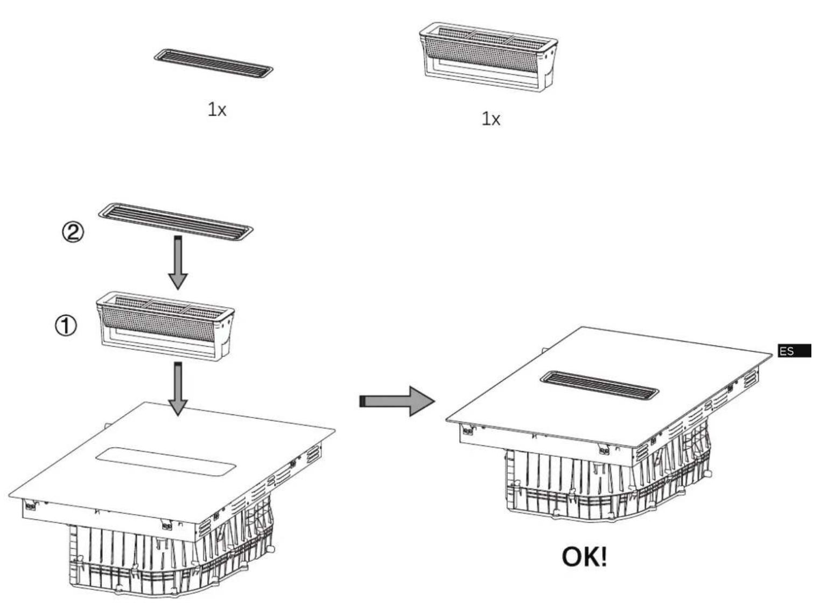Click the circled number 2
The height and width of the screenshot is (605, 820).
coord(73,233)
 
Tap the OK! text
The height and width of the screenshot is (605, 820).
coord(584,557)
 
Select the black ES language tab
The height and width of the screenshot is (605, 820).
coord(794,351)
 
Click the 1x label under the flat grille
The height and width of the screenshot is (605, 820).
coord(217,109)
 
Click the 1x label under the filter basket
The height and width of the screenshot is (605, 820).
coord(491,119)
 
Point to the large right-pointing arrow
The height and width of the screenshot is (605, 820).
coord(397,401)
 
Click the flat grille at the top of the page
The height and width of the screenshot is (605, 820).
coord(213,64)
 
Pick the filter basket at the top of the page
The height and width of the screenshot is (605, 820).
coord(488,57)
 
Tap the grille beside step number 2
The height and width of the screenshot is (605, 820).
coord(176,221)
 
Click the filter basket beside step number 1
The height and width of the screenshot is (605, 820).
coord(165,326)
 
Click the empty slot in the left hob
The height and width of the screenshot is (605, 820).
coord(166,462)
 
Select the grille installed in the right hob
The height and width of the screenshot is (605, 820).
coord(600,385)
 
